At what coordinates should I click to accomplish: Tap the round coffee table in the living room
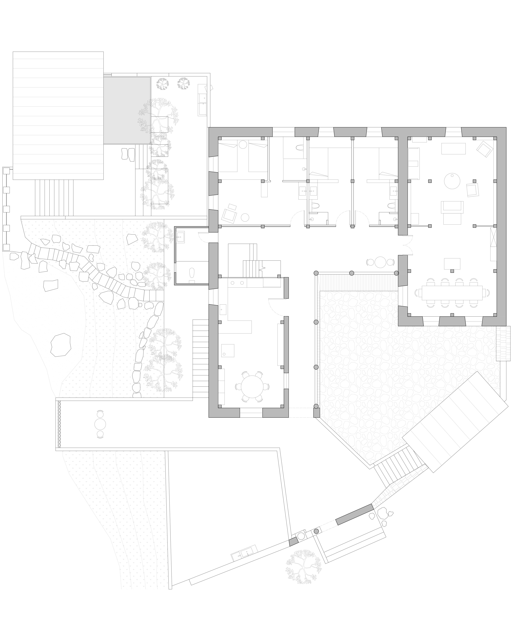(452, 181)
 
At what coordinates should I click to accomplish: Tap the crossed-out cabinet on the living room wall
(493, 237)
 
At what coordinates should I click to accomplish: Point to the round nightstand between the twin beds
(243, 144)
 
